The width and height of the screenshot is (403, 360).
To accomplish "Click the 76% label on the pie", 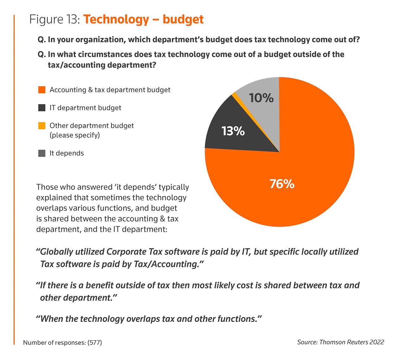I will point(282,184).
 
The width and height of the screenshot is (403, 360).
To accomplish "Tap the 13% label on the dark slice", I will point(233,131).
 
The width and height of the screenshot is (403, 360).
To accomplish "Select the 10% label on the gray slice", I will point(261,98).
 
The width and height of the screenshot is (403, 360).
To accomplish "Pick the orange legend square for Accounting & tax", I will point(42,90).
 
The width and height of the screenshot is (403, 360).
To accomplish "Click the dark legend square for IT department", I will point(42,108).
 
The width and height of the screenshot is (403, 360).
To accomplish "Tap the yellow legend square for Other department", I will point(42,126).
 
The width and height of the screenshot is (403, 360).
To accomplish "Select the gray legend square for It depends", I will point(42,154).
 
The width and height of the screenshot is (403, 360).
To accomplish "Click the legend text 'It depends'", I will point(67,153).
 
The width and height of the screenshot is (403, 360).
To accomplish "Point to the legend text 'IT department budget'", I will point(85,108).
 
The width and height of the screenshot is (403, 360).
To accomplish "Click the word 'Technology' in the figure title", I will point(116,20).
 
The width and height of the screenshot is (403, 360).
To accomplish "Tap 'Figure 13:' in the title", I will point(54,20).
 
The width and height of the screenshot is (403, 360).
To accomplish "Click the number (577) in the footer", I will point(95,343).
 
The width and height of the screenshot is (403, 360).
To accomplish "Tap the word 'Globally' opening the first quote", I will point(56,252).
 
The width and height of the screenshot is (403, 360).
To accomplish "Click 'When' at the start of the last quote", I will point(52,319).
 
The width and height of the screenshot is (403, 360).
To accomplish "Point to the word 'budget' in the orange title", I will point(183,20).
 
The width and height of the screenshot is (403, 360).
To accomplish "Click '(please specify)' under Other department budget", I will point(75,135).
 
